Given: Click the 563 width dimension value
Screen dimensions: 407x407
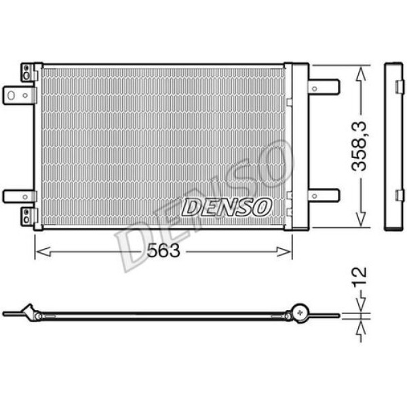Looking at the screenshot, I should click(x=163, y=251).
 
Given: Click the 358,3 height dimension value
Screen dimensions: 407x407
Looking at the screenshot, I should click(x=361, y=147).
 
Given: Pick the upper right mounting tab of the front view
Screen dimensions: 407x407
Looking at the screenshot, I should click(x=324, y=87).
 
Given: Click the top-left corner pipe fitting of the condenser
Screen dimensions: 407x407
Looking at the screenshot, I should click(x=27, y=72).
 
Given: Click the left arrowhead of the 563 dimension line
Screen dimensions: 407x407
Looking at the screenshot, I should click(x=39, y=251).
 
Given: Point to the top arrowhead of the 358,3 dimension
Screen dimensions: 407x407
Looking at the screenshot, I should click(x=361, y=70).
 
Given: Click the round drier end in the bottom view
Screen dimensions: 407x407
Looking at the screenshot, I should click(x=298, y=313).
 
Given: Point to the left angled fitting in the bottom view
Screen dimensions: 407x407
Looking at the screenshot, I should click(x=28, y=312).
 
